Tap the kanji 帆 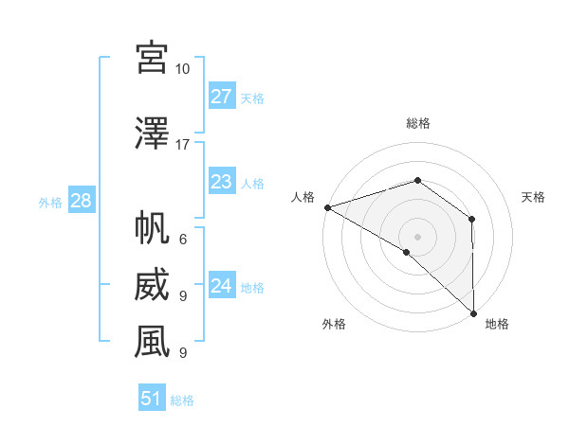[x=152, y=228]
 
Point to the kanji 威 [x=152, y=285]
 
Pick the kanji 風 [x=152, y=342]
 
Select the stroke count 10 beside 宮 [x=182, y=68]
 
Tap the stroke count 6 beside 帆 [x=182, y=240]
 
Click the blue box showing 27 [x=221, y=97]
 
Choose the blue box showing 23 [x=221, y=182]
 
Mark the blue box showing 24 [x=221, y=286]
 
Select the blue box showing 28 [x=81, y=201]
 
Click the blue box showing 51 [x=152, y=399]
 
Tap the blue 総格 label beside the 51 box [x=182, y=400]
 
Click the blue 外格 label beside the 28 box [x=50, y=202]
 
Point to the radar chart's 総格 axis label [x=417, y=123]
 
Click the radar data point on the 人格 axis [x=327, y=206]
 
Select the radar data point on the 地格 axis [x=473, y=312]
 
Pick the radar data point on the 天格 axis [x=471, y=219]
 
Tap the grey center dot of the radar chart [x=417, y=236]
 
